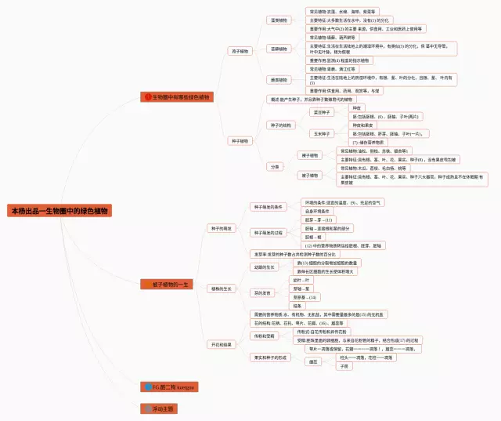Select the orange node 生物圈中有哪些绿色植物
point(177,97)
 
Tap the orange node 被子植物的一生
point(167,284)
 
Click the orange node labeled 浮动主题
point(159,408)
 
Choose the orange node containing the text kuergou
point(169,387)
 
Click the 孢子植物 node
point(240,51)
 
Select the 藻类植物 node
point(278,20)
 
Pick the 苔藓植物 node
point(278,49)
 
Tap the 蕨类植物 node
point(278,80)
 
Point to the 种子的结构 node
point(281,125)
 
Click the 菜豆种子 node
point(322,112)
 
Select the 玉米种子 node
point(322,134)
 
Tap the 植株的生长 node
point(221,289)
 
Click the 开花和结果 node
point(221,343)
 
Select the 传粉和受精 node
point(262,336)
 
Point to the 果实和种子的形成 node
point(271,357)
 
